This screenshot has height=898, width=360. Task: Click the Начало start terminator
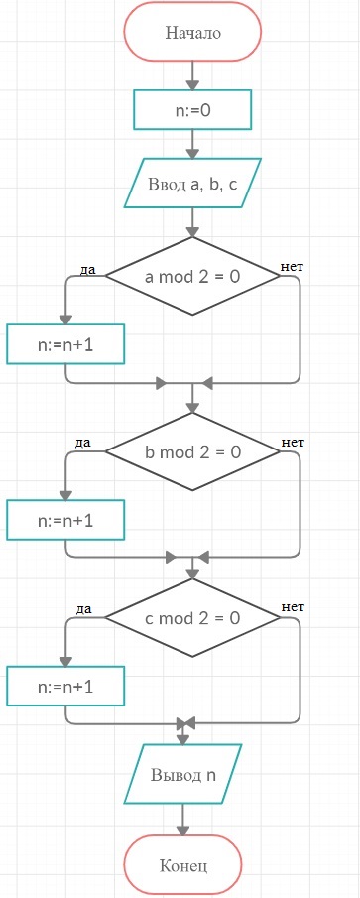(x=192, y=32)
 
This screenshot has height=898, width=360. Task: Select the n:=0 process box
(x=192, y=109)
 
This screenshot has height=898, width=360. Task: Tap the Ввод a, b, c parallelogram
(x=192, y=183)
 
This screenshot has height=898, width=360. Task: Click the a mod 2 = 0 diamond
(x=192, y=277)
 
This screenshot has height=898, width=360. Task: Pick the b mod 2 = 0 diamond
(x=192, y=451)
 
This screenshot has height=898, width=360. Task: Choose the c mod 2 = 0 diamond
(x=192, y=618)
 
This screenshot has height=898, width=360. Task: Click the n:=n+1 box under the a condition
(x=65, y=344)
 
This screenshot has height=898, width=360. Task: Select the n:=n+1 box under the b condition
(x=65, y=520)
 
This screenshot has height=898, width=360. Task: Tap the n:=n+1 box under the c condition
(x=65, y=686)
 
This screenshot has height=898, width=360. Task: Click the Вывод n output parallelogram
(x=183, y=775)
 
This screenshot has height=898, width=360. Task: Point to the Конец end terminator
(x=183, y=866)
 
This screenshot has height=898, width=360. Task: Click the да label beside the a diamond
(x=87, y=270)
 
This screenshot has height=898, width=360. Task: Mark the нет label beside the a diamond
(x=292, y=267)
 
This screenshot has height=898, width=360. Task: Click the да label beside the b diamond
(x=83, y=443)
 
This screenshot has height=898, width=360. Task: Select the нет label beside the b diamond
(x=293, y=443)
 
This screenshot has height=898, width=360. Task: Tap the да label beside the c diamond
(x=84, y=609)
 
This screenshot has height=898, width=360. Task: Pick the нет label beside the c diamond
(x=293, y=607)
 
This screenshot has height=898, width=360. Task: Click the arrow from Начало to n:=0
(x=192, y=75)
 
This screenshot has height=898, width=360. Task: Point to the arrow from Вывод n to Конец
(x=183, y=820)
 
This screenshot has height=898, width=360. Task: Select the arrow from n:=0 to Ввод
(x=192, y=144)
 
